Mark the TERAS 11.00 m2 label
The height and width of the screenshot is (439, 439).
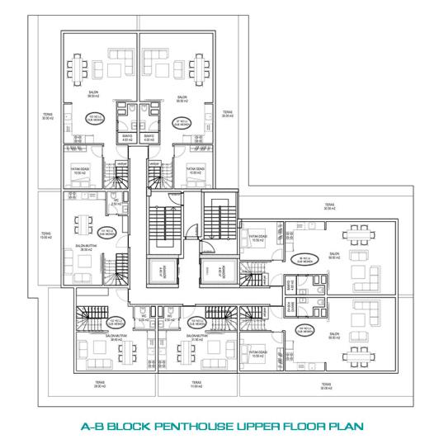pos(195,384)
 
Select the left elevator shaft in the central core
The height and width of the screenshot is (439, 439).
pos(155,271)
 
